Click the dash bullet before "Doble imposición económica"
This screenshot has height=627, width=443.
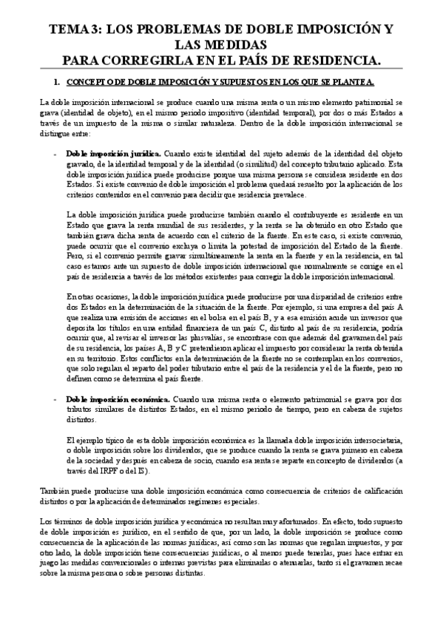pyautogui.click(x=57, y=398)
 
